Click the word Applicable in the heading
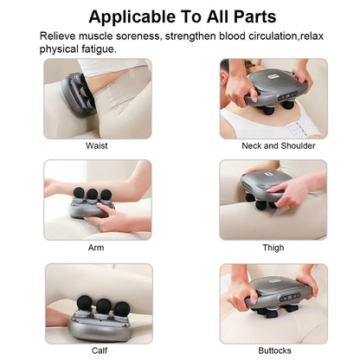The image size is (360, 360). pyautogui.click(x=134, y=16)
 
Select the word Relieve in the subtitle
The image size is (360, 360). pyautogui.click(x=61, y=35)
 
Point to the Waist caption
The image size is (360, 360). pyautogui.click(x=97, y=146)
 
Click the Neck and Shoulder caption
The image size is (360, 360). pyautogui.click(x=273, y=146)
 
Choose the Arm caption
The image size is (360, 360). pyautogui.click(x=97, y=247)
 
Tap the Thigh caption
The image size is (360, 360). pyautogui.click(x=273, y=247)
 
